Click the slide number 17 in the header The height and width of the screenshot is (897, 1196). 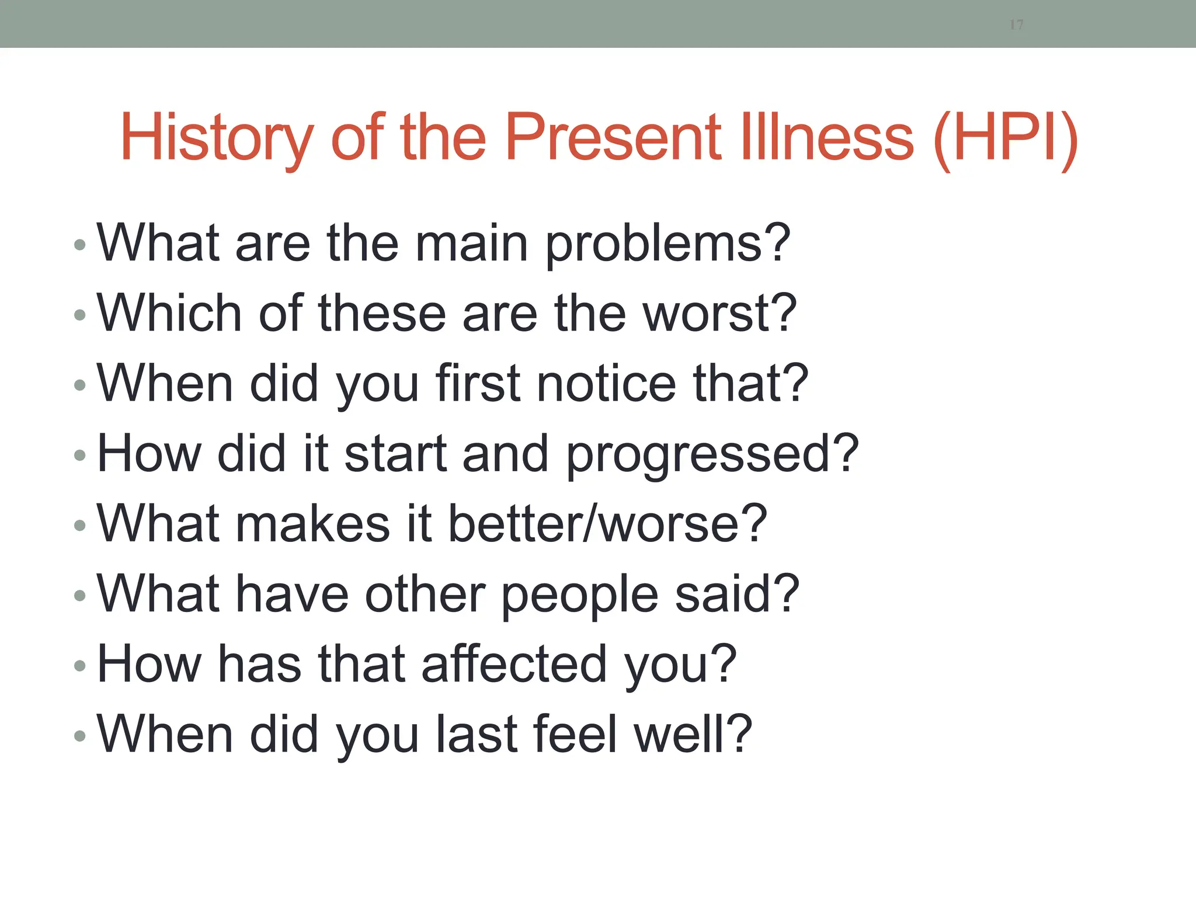click(x=1016, y=25)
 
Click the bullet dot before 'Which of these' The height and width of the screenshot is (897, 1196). click(x=81, y=315)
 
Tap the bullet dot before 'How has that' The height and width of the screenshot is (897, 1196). click(x=81, y=666)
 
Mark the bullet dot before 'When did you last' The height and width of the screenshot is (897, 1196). click(x=81, y=736)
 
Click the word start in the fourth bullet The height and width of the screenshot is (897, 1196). click(x=395, y=454)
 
